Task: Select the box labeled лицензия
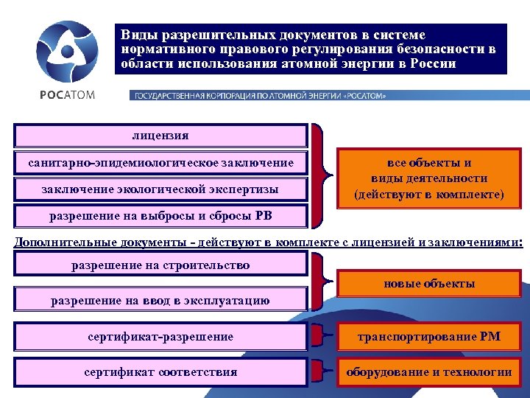(x=160, y=136)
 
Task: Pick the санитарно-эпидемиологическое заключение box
(x=160, y=162)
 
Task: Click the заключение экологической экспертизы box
(x=160, y=189)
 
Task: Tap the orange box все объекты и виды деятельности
(x=428, y=179)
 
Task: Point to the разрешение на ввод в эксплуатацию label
(x=160, y=300)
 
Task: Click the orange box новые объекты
(x=428, y=284)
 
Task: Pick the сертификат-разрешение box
(x=160, y=336)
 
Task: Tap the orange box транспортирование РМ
(x=428, y=336)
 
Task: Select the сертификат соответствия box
(x=160, y=371)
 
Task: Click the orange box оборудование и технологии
(x=428, y=371)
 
